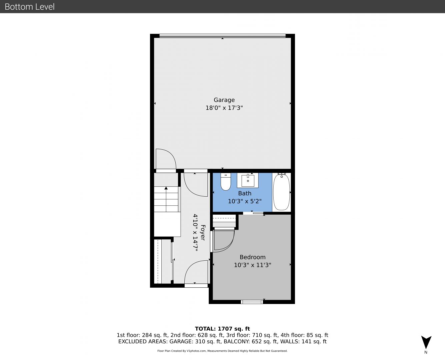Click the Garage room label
(224, 100)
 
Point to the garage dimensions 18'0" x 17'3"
(224, 108)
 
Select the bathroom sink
(248, 180)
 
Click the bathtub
(281, 192)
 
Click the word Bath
(245, 193)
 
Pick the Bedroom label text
(253, 257)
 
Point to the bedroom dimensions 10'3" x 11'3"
(253, 265)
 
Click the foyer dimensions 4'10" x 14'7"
(195, 232)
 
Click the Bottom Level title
(30, 7)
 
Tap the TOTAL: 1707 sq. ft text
(222, 329)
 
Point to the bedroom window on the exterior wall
(252, 302)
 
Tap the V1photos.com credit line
(222, 351)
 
